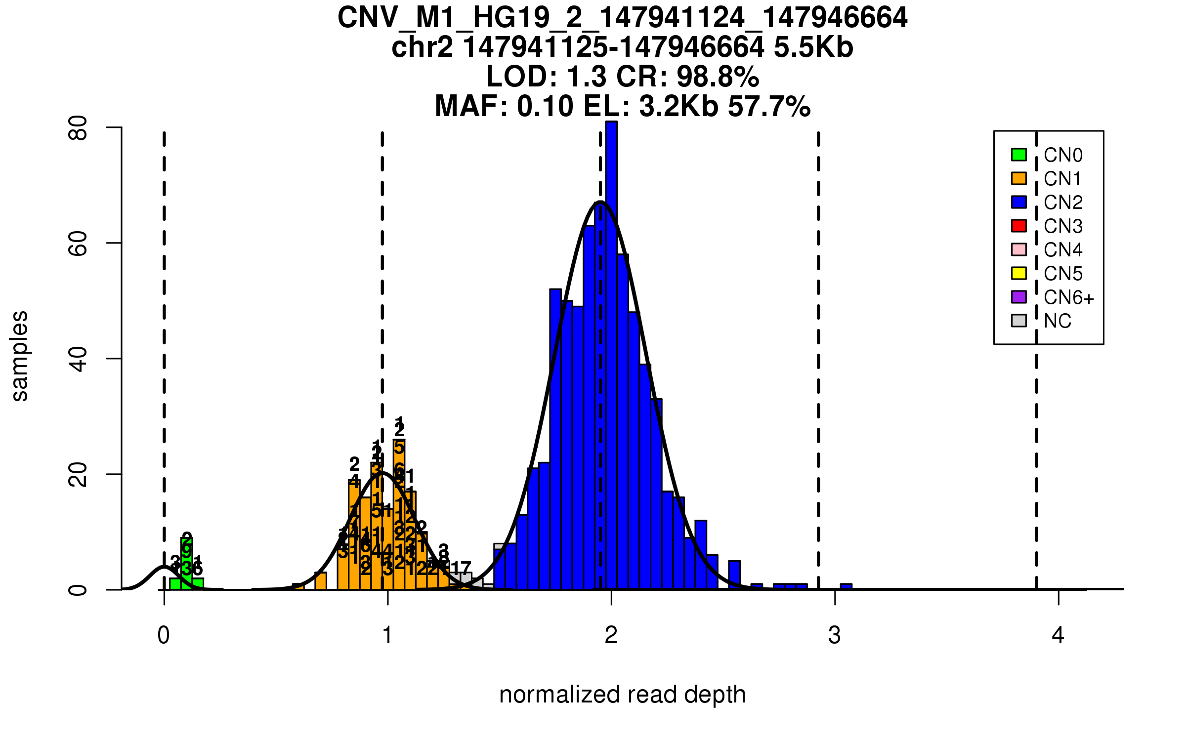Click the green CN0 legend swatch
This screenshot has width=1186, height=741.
1019,155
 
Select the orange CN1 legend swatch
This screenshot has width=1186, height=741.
1019,178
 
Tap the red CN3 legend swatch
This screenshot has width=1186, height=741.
1019,226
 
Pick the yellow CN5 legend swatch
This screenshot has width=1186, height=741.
1019,273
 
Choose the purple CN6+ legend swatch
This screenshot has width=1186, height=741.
1019,297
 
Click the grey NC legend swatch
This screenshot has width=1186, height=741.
1019,321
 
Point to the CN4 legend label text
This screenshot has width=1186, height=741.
1063,250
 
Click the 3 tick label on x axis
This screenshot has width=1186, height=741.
835,635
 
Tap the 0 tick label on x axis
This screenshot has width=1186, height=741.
164,635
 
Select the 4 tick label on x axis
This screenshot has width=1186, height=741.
1058,635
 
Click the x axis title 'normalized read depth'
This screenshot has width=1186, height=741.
622,695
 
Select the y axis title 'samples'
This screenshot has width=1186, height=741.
20,356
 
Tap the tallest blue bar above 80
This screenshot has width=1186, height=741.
611,346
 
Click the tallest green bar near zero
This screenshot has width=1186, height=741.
186,563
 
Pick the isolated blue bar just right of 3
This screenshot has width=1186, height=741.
846,586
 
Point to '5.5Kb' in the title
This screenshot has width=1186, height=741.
813,47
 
